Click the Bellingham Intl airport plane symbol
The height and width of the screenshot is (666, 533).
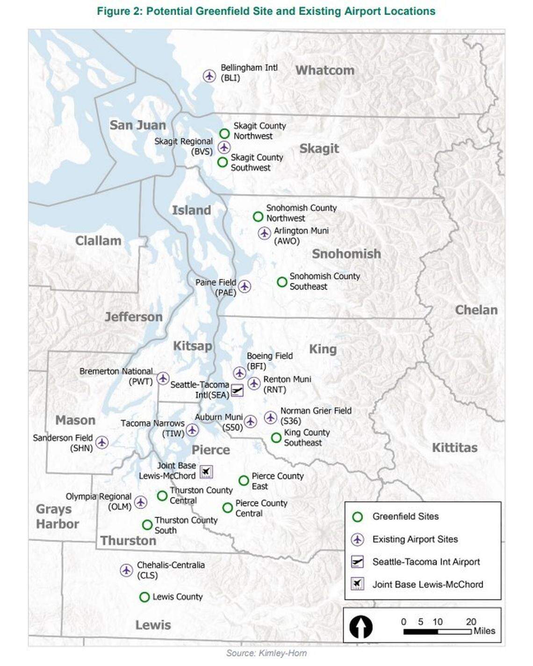coord(209,75)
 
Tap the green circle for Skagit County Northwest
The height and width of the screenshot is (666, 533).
coord(224,134)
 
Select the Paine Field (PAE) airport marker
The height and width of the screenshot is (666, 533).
coord(244,286)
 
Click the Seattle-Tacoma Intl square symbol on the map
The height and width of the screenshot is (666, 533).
coord(238,390)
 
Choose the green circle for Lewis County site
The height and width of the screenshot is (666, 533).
coord(144,597)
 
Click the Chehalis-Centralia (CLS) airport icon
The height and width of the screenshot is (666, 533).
coord(126,570)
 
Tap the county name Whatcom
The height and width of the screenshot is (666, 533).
coord(324,70)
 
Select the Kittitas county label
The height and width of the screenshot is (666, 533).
coord(454,447)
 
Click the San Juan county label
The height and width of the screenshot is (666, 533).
coord(137,125)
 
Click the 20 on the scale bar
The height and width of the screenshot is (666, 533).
coord(470,622)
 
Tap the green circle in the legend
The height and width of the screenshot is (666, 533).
coord(358,517)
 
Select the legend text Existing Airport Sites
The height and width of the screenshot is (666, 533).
coord(415,539)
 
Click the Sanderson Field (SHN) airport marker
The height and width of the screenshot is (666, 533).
coord(102,442)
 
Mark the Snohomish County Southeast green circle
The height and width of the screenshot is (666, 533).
coord(282,282)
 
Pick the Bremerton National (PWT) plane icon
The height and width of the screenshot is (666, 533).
coord(163,378)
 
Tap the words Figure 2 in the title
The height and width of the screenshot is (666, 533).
coord(119,11)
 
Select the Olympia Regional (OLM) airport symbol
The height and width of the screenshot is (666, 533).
coord(141,502)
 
